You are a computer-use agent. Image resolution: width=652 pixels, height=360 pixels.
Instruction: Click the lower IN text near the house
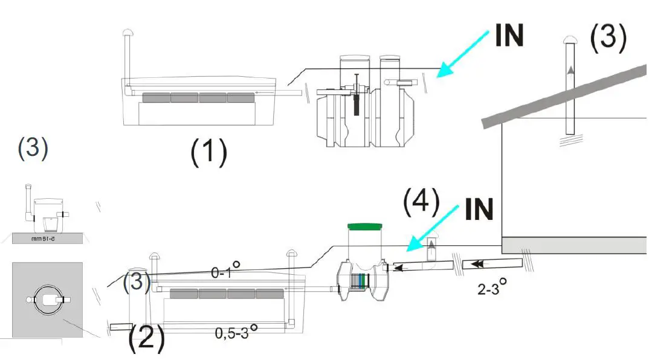[479, 210]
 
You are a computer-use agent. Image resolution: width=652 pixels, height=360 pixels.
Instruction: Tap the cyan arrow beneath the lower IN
[430, 228]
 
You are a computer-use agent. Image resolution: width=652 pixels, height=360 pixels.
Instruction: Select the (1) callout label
[208, 152]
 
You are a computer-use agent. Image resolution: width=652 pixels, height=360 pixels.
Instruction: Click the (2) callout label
[146, 338]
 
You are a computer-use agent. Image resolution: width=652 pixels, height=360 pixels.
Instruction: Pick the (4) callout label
[421, 204]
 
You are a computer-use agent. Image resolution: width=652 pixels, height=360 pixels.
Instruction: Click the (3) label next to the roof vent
[608, 37]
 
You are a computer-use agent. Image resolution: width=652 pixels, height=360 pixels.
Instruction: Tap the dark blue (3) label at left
[33, 149]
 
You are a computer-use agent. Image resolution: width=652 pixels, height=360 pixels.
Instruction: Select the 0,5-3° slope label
[237, 332]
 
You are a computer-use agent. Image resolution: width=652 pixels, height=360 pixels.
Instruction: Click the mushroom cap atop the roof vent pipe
[570, 40]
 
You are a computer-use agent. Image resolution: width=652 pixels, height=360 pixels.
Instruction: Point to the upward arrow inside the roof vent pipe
[570, 71]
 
